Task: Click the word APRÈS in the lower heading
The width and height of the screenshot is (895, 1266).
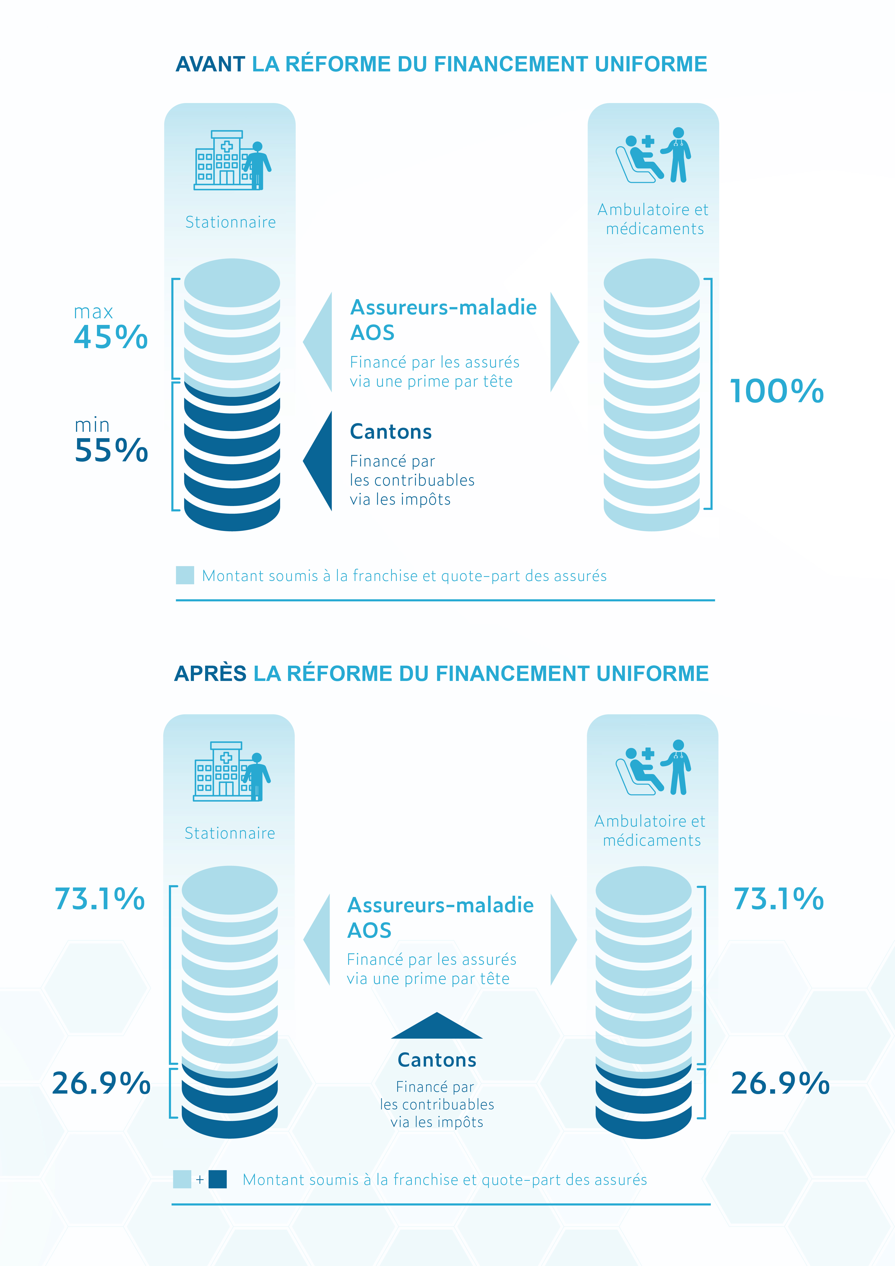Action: click(210, 674)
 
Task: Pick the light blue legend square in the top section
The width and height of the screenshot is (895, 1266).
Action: click(185, 575)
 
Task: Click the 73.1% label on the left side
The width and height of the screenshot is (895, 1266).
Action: click(100, 899)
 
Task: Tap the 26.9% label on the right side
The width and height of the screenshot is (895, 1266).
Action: click(780, 1083)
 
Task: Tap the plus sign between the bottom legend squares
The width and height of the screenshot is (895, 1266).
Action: click(200, 1180)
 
